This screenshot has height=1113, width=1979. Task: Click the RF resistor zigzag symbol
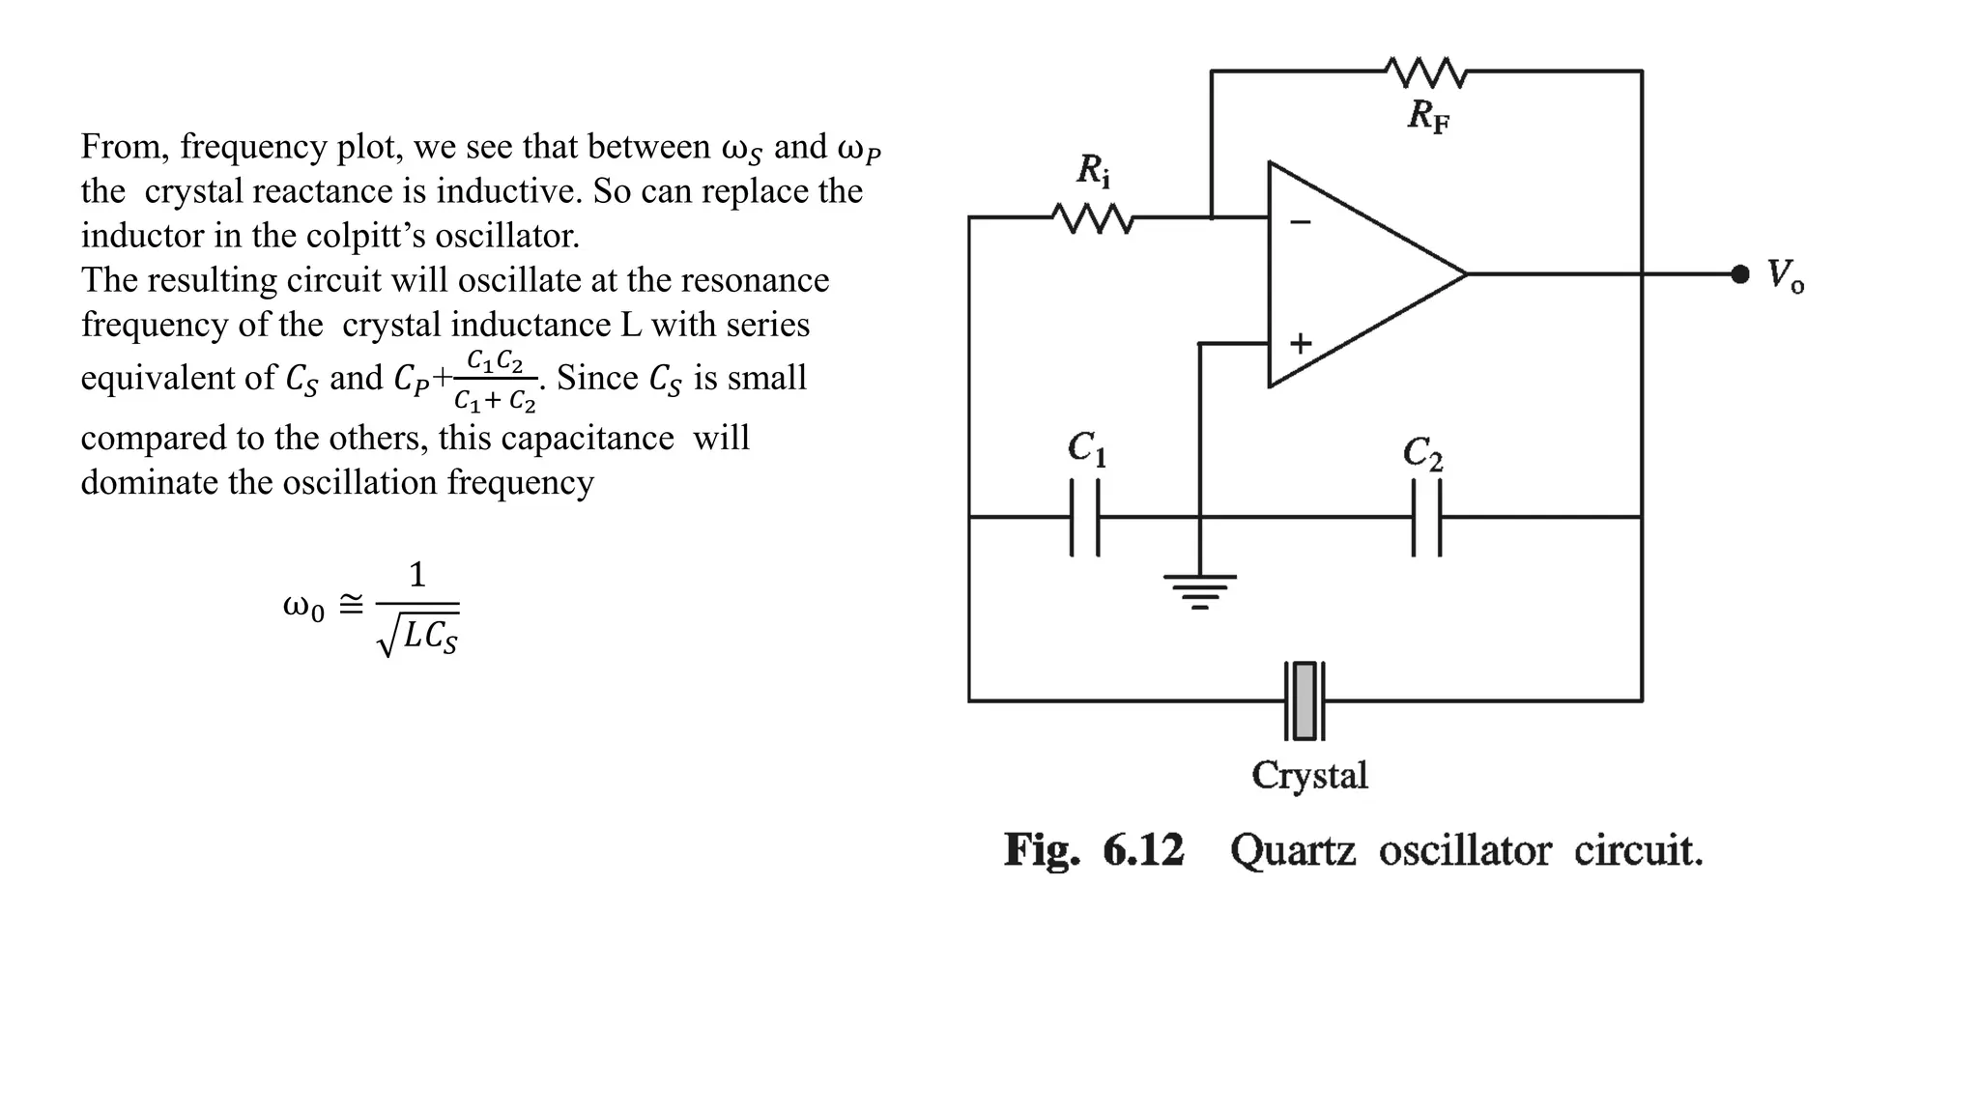pos(1426,71)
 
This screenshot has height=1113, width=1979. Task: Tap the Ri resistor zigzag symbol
pos(1092,218)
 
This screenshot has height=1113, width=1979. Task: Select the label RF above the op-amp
pos(1428,116)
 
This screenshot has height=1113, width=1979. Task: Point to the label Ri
pos(1093,171)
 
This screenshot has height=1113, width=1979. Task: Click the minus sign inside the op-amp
pos(1301,222)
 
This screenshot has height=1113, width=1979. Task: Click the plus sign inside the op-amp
pos(1301,343)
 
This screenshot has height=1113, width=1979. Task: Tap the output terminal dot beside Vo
pos(1739,274)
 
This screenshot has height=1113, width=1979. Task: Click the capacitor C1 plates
pos(1085,518)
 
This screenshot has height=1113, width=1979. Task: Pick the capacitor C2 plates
pos(1426,518)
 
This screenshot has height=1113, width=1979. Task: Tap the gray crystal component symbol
pos(1305,701)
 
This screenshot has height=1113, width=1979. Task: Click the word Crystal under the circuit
pos(1309,775)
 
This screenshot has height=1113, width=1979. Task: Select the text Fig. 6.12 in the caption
pos(1093,850)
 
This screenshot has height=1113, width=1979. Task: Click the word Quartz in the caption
pos(1292,850)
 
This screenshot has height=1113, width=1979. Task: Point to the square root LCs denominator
pos(418,637)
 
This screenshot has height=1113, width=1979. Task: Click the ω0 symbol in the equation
pos(302,607)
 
